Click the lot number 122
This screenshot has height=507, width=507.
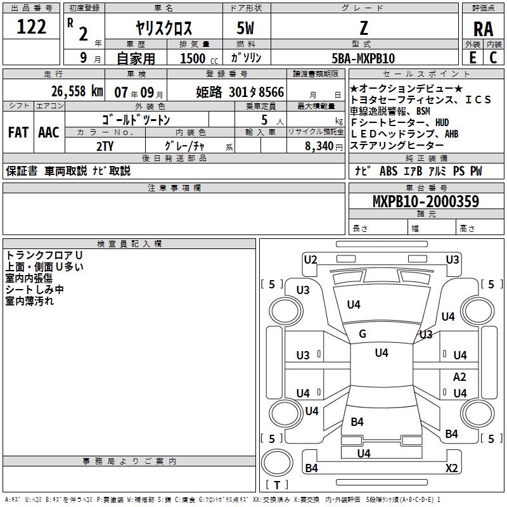coord(31,27)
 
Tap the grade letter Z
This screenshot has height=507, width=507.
coord(363,28)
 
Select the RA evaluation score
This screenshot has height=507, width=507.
coord(483,29)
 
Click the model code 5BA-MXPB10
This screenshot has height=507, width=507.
coord(363,58)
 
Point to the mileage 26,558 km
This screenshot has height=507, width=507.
coord(70,91)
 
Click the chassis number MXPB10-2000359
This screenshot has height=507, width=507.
coord(425,202)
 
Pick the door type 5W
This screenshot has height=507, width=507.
coord(246,29)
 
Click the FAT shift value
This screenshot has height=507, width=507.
coord(18,132)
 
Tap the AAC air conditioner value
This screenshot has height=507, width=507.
coord(49,132)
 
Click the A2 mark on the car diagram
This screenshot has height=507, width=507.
coord(459,376)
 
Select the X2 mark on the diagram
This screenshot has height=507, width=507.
coord(452,468)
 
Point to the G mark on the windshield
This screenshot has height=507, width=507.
coord(363,334)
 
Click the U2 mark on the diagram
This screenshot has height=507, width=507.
coord(310,259)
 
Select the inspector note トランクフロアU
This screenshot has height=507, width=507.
coord(44,255)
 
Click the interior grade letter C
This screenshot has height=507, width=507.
coord(493,58)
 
